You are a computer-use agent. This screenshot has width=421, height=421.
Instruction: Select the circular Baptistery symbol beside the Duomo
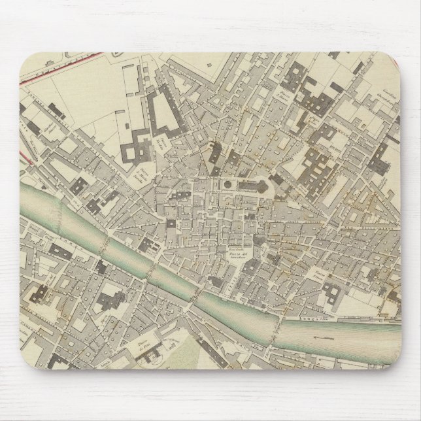point(226,186)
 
